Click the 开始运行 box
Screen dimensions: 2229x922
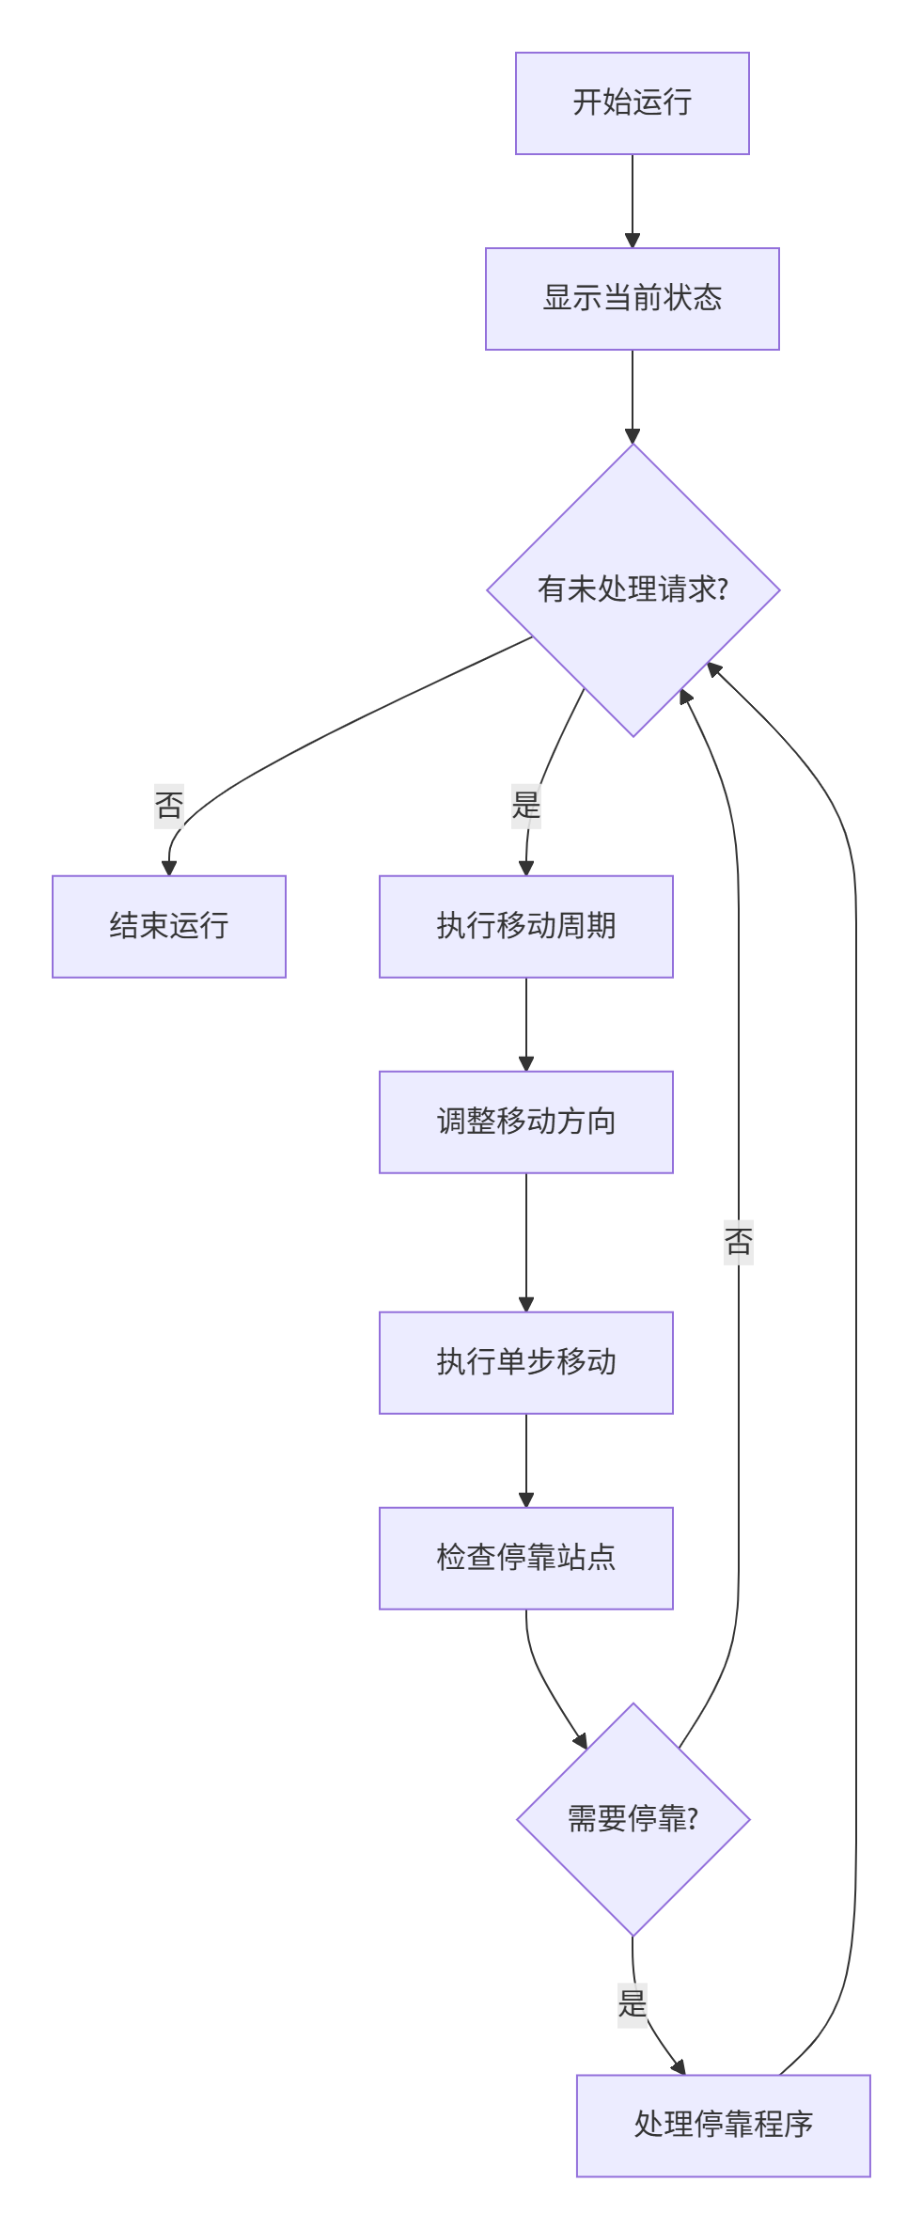632,103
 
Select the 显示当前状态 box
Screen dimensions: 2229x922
632,299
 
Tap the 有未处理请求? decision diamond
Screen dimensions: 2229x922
633,589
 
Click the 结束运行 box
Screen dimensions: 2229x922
169,926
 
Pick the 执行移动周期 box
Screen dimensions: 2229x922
525,926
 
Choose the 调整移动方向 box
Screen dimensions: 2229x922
525,1122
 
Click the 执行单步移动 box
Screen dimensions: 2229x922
525,1362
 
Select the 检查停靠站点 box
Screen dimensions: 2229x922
525,1558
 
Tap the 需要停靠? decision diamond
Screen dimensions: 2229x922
633,1819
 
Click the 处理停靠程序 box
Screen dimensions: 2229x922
723,2125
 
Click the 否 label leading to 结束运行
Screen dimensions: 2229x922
169,806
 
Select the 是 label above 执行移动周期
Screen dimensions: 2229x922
526,806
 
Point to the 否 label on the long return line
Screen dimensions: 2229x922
739,1242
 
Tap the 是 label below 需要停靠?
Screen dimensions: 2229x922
633,2003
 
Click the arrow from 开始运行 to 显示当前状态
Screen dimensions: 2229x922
633,201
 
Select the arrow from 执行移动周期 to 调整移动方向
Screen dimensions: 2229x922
526,1025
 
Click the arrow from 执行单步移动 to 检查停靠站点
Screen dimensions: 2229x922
526,1461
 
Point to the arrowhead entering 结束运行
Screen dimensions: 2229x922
169,867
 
